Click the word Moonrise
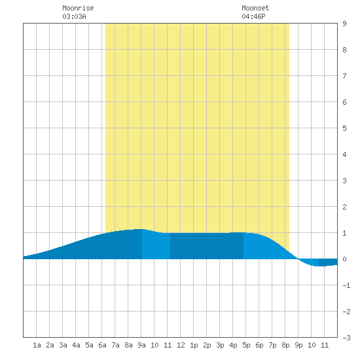point(78,8)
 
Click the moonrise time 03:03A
point(74,16)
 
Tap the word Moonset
point(255,8)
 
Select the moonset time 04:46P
point(253,16)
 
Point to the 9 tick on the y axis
point(344,24)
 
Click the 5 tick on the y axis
point(344,128)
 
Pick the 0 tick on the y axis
point(344,259)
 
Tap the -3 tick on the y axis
point(346,338)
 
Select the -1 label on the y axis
point(346,285)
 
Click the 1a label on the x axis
point(37,345)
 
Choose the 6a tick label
point(102,345)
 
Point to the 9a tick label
point(141,345)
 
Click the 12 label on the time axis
point(181,345)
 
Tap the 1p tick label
point(194,345)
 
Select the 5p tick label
point(246,345)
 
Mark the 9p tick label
point(298,345)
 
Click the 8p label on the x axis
point(285,345)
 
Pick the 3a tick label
point(63,345)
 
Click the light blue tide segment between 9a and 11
point(156,245)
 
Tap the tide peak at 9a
point(141,229)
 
